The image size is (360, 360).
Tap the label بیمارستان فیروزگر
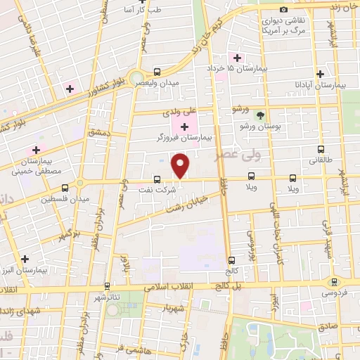tap(184, 138)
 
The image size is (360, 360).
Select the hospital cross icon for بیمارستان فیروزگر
tap(185, 127)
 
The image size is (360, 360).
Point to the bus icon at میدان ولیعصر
tap(157, 71)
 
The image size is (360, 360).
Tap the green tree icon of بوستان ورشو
tap(261, 115)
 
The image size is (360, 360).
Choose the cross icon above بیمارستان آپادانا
tap(320, 73)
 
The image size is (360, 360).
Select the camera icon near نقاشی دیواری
tap(283, 10)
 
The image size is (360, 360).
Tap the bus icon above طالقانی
tap(321, 149)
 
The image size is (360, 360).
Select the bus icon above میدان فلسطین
tap(65, 188)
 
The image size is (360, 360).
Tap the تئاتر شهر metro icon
tap(107, 286)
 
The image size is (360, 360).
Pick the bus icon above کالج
tap(231, 259)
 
